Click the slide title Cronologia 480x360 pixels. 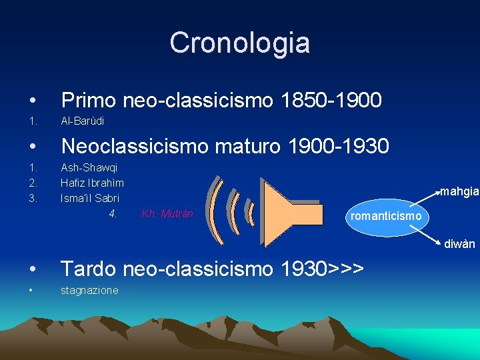pos(239,43)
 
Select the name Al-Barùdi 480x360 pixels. pos(82,121)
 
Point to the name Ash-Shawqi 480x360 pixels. pos(89,167)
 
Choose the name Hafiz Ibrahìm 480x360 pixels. pos(92,182)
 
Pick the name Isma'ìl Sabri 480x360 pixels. pos(90,197)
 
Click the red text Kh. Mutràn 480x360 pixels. pos(167,214)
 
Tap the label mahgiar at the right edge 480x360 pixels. pos(459,192)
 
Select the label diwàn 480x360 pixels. pos(460,244)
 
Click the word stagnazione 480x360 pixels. pos(89,290)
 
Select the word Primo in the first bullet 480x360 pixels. pos(89,101)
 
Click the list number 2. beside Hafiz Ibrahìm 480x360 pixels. pos(32,182)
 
